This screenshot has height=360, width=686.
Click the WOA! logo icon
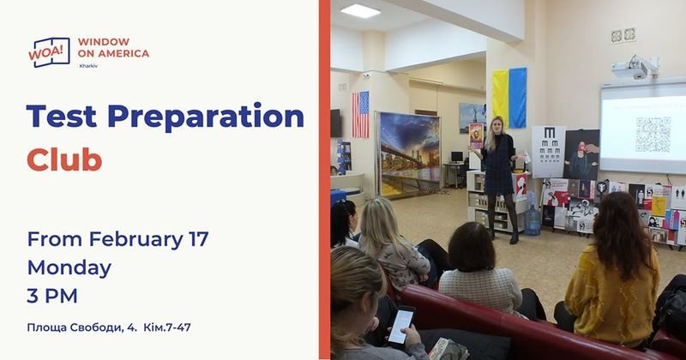pyautogui.click(x=49, y=52)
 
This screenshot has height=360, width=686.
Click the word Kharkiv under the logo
pyautogui.click(x=88, y=66)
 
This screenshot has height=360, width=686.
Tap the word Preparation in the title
pyautogui.click(x=206, y=117)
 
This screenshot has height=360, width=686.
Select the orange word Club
pyautogui.click(x=64, y=159)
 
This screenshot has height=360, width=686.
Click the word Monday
pyautogui.click(x=69, y=268)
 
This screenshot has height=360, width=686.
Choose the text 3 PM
pyautogui.click(x=52, y=296)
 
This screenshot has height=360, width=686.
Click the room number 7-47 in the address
pyautogui.click(x=178, y=327)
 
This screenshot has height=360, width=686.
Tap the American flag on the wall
pyautogui.click(x=360, y=114)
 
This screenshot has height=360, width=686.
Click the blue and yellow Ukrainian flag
pyautogui.click(x=509, y=98)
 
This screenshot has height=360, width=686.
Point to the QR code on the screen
pyautogui.click(x=653, y=135)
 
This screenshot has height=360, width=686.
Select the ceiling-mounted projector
pyautogui.click(x=635, y=67)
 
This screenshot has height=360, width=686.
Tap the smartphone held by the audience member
pyautogui.click(x=401, y=325)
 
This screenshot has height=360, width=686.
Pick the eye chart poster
pyautogui.click(x=549, y=152)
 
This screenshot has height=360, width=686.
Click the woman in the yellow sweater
pyautogui.click(x=611, y=271)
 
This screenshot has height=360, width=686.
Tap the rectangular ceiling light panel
pyautogui.click(x=360, y=11)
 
